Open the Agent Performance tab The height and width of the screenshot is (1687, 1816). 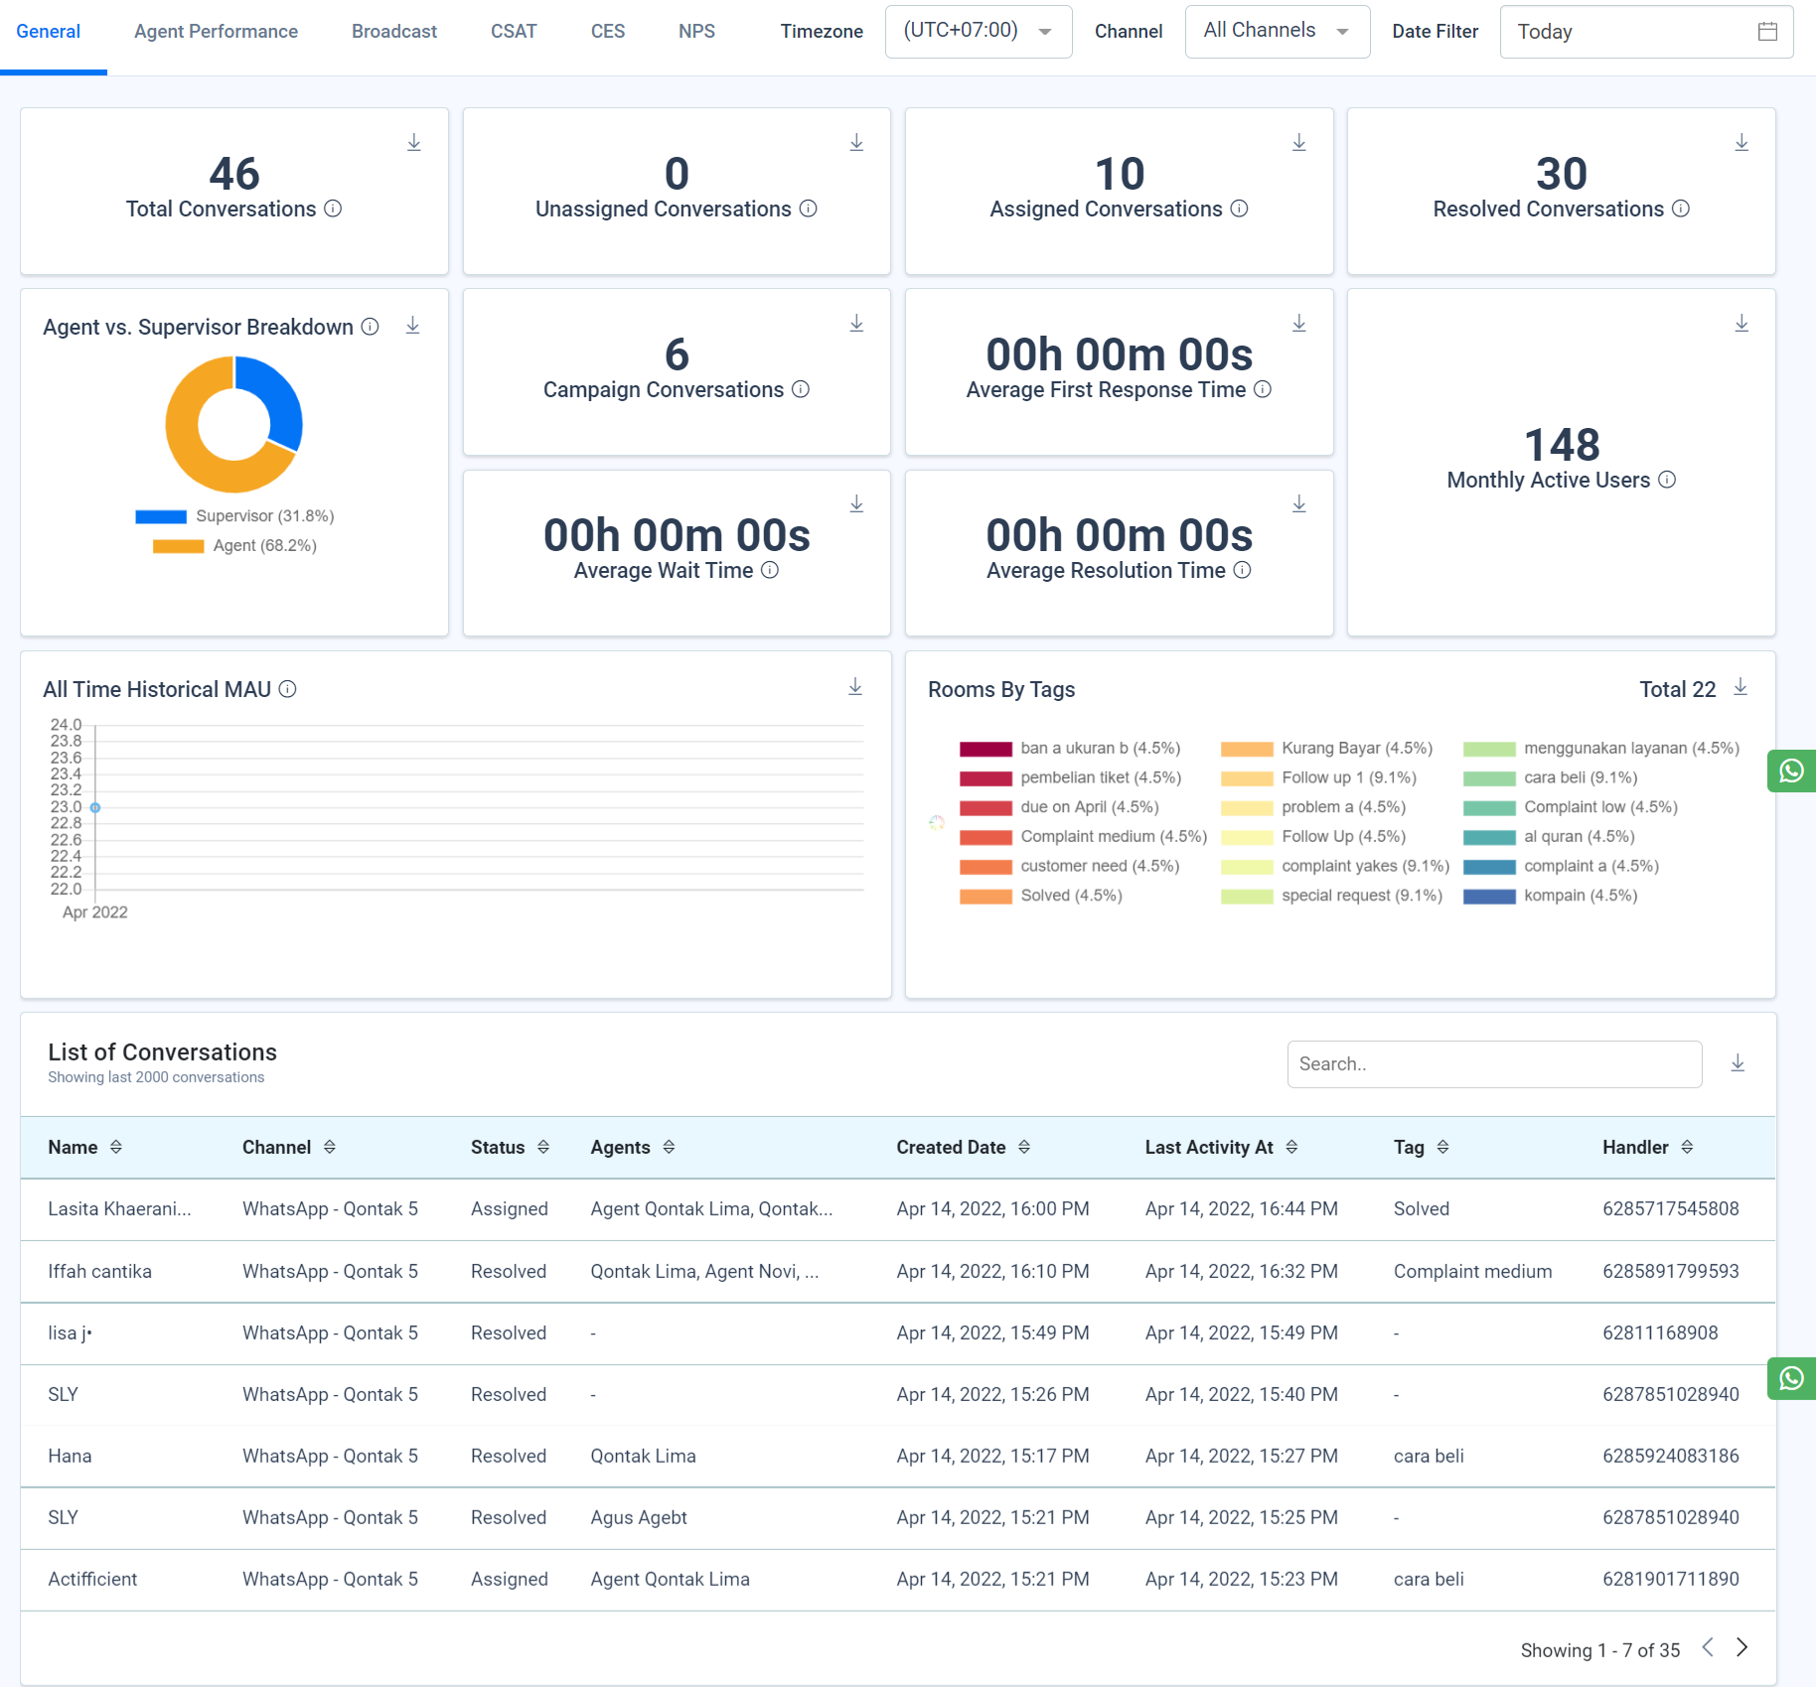tap(216, 32)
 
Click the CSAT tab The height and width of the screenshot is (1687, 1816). tap(513, 32)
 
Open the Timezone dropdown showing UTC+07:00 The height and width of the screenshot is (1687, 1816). tap(978, 32)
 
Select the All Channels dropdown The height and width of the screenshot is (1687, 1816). tap(1277, 32)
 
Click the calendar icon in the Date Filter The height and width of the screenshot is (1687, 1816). tap(1767, 32)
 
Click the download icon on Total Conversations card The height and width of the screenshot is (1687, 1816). tap(414, 143)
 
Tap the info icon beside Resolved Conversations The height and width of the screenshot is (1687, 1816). tap(1681, 209)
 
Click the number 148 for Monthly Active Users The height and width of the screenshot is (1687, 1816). tap(1561, 445)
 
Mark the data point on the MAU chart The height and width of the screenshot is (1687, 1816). tap(95, 808)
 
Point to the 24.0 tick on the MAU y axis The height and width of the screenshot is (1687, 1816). tap(66, 725)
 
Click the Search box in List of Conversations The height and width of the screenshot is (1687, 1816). tap(1493, 1064)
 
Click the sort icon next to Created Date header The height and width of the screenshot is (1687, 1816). tap(1024, 1148)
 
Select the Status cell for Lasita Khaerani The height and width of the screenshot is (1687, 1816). tap(509, 1209)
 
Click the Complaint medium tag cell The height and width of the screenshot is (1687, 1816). tap(1471, 1272)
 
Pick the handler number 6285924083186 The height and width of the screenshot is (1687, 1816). tap(1670, 1457)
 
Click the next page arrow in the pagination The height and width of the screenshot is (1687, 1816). tap(1741, 1648)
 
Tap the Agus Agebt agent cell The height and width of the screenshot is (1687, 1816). tap(639, 1518)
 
